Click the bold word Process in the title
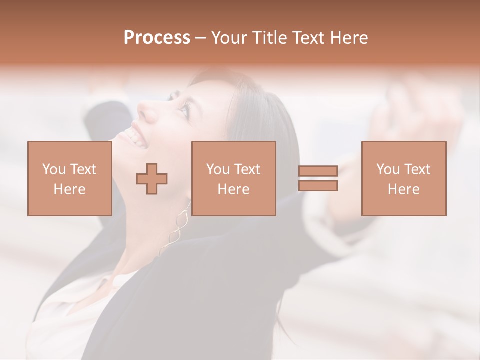pos(157,38)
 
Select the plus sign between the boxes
pos(152,179)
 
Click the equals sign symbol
pos(318,178)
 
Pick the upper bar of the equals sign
pos(318,171)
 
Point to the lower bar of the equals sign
pos(318,186)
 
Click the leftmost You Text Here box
pos(69,178)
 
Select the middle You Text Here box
pos(233,178)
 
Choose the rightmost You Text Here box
pos(403,178)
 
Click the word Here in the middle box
pos(233,189)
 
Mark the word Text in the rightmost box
pos(417,169)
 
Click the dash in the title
pos(200,38)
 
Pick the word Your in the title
pos(228,38)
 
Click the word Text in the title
pos(308,38)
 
